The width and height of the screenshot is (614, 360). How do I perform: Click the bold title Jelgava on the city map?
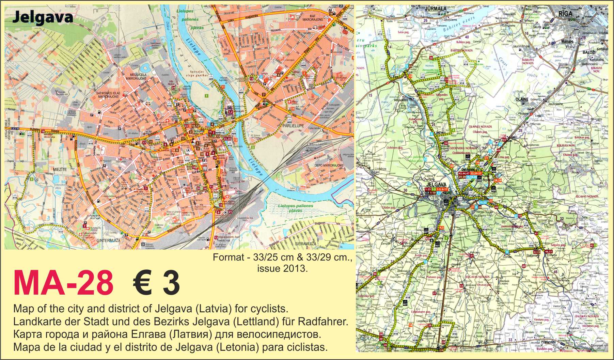coord(43,17)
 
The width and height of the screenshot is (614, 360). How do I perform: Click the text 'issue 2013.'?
coord(282,268)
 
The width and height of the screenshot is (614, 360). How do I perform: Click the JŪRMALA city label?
coord(435,9)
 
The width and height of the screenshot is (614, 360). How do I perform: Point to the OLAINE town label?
coord(521,99)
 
